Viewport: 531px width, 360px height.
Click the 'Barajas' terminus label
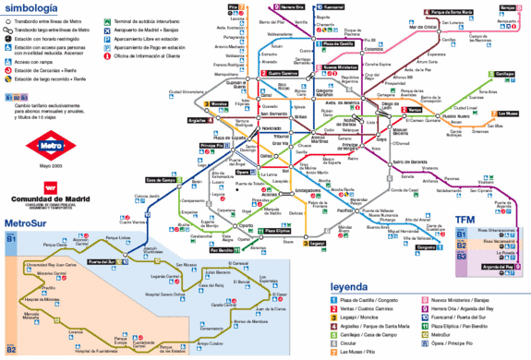(x=507, y=8)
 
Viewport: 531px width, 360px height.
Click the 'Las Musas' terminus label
(x=508, y=113)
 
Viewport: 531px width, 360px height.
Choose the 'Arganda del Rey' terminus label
(x=495, y=268)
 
